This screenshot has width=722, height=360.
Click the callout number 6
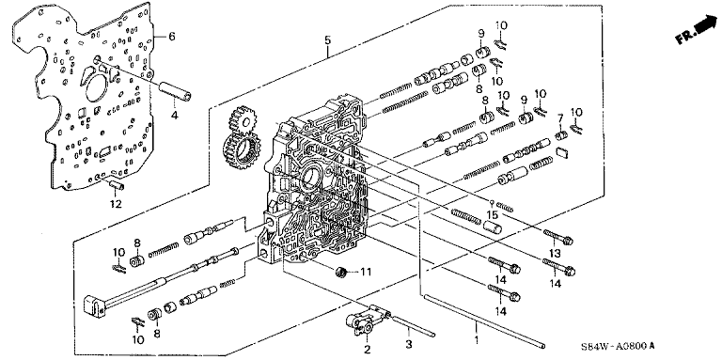click(x=171, y=37)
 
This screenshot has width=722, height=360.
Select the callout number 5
click(x=327, y=40)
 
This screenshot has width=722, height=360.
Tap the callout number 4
click(x=175, y=116)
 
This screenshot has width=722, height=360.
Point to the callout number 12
click(x=116, y=203)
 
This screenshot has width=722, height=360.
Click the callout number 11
click(x=365, y=273)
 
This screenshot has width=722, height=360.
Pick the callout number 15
click(x=494, y=215)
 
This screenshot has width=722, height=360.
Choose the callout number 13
click(x=556, y=254)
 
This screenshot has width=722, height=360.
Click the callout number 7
click(x=560, y=118)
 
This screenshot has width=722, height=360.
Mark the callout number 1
click(x=477, y=339)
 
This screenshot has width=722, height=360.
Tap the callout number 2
click(x=367, y=350)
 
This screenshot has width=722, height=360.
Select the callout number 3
click(x=408, y=343)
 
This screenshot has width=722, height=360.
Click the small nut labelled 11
click(x=340, y=272)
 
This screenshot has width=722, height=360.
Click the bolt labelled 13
click(x=558, y=237)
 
